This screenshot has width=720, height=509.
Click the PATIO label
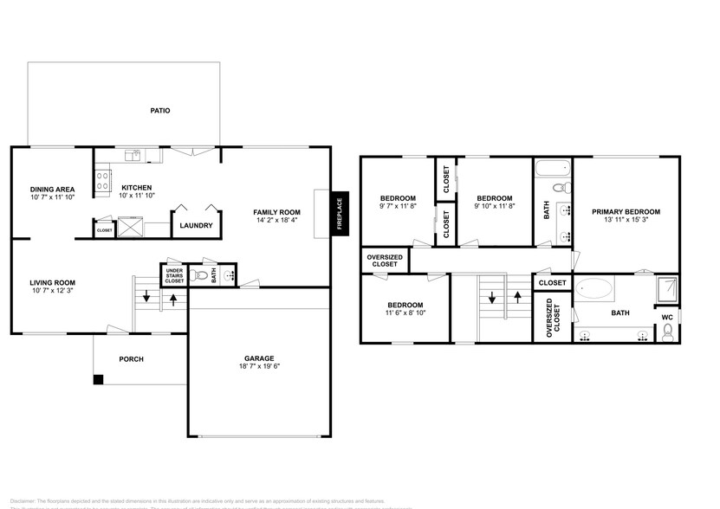pyautogui.click(x=159, y=111)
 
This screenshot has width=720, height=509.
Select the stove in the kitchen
pyautogui.click(x=102, y=180)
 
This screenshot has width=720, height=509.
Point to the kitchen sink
pyautogui.click(x=134, y=156)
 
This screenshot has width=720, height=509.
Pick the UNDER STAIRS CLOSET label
pyautogui.click(x=174, y=275)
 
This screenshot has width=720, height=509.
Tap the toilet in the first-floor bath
pyautogui.click(x=201, y=276)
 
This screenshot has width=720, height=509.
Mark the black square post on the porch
pyautogui.click(x=99, y=378)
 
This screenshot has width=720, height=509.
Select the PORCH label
pyautogui.click(x=131, y=359)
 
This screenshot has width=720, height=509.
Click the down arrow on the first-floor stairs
pyautogui.click(x=146, y=299)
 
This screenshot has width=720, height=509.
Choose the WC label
pyautogui.click(x=667, y=317)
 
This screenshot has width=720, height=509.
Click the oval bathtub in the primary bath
pyautogui.click(x=594, y=288)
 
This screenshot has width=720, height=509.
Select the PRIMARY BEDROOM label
pyautogui.click(x=626, y=211)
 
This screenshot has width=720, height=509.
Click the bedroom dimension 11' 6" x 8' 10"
pyautogui.click(x=405, y=313)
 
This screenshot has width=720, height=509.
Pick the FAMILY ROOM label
pyautogui.click(x=276, y=212)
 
